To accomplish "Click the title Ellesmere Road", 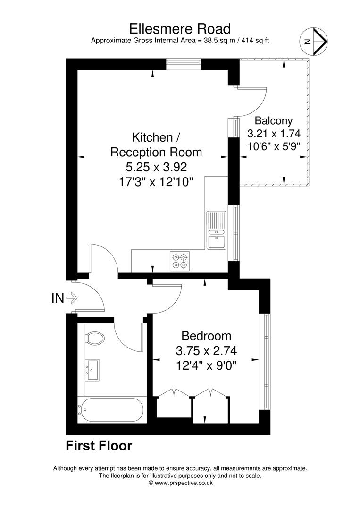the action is [x=180, y=29].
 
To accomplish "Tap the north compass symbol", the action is [x=313, y=41].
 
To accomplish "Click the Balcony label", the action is [x=274, y=121].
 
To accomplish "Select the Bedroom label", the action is [x=206, y=335].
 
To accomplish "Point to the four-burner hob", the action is [x=180, y=262].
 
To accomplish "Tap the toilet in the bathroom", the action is [x=95, y=339].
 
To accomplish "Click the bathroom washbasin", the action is [x=92, y=370].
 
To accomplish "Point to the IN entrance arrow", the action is [x=72, y=297].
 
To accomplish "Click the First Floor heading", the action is [x=99, y=446].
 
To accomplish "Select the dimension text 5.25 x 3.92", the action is [x=156, y=167].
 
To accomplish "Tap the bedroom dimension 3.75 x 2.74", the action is [x=206, y=350].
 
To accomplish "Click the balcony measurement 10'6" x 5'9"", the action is [x=274, y=146].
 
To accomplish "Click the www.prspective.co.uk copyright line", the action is [x=180, y=483].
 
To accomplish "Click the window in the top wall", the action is [x=183, y=64].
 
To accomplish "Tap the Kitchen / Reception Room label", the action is [x=156, y=145].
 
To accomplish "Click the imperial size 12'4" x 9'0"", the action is [x=206, y=366].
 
